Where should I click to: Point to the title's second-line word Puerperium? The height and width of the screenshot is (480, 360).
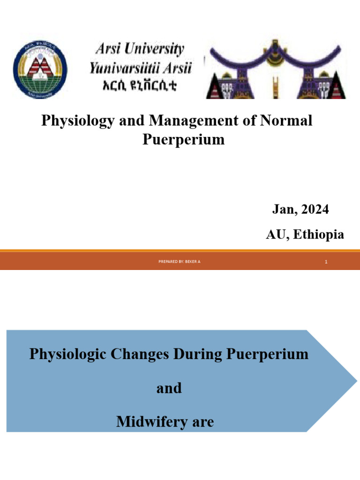(x=183, y=140)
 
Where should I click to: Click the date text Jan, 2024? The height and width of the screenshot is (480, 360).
(x=300, y=210)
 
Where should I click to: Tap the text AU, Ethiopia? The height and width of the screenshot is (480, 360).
(x=305, y=235)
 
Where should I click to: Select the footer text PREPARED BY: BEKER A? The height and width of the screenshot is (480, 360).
(x=180, y=262)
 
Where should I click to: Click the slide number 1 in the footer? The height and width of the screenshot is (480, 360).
(x=326, y=262)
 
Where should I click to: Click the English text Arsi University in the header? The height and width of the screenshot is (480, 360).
(x=140, y=49)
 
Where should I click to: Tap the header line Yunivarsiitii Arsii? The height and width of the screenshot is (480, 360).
(x=140, y=68)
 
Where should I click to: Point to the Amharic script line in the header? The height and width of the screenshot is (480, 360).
(x=140, y=86)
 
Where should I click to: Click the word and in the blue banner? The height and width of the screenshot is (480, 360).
(x=169, y=388)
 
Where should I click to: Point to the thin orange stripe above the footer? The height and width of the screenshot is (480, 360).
(x=180, y=251)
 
